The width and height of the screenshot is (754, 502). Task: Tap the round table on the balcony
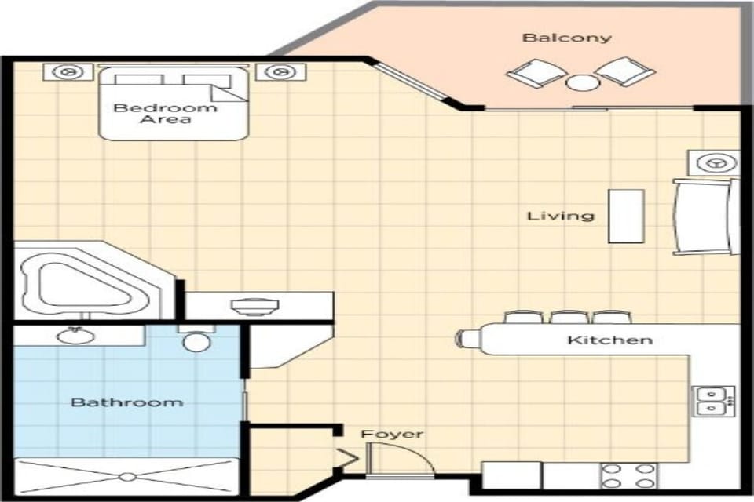coord(582,82)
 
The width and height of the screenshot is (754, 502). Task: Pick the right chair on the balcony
coord(626,72)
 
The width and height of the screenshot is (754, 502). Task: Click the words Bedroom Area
coord(165,113)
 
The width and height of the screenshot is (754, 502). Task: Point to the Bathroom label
coord(126,402)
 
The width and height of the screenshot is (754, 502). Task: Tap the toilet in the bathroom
coord(194,340)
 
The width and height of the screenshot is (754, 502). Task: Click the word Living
coord(560,216)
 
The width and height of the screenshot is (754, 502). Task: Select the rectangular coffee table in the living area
coord(626,216)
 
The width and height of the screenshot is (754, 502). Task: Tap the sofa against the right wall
coord(705,216)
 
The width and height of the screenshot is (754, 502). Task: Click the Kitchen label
coord(609,340)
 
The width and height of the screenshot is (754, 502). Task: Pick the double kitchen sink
coord(712,401)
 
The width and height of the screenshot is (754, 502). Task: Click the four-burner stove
coord(628,475)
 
